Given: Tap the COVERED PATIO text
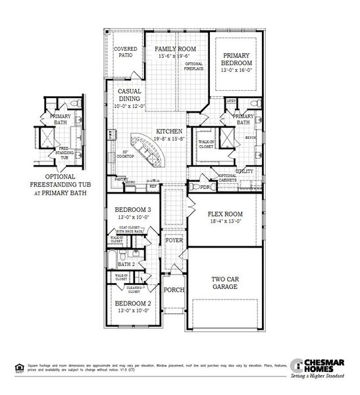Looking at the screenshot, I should (126, 53).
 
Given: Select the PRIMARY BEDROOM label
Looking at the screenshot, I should (238, 60).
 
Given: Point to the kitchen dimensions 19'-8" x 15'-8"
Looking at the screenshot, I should (169, 139).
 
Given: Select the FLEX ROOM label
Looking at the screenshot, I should (225, 214).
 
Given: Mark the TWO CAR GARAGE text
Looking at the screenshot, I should (225, 282).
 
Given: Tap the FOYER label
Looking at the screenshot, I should (174, 240).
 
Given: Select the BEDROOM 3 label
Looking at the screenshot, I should (133, 209).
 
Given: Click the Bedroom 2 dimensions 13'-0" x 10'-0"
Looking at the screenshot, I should (133, 311).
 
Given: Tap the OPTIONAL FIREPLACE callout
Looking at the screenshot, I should (193, 66).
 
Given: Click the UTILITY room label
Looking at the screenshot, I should (244, 171).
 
